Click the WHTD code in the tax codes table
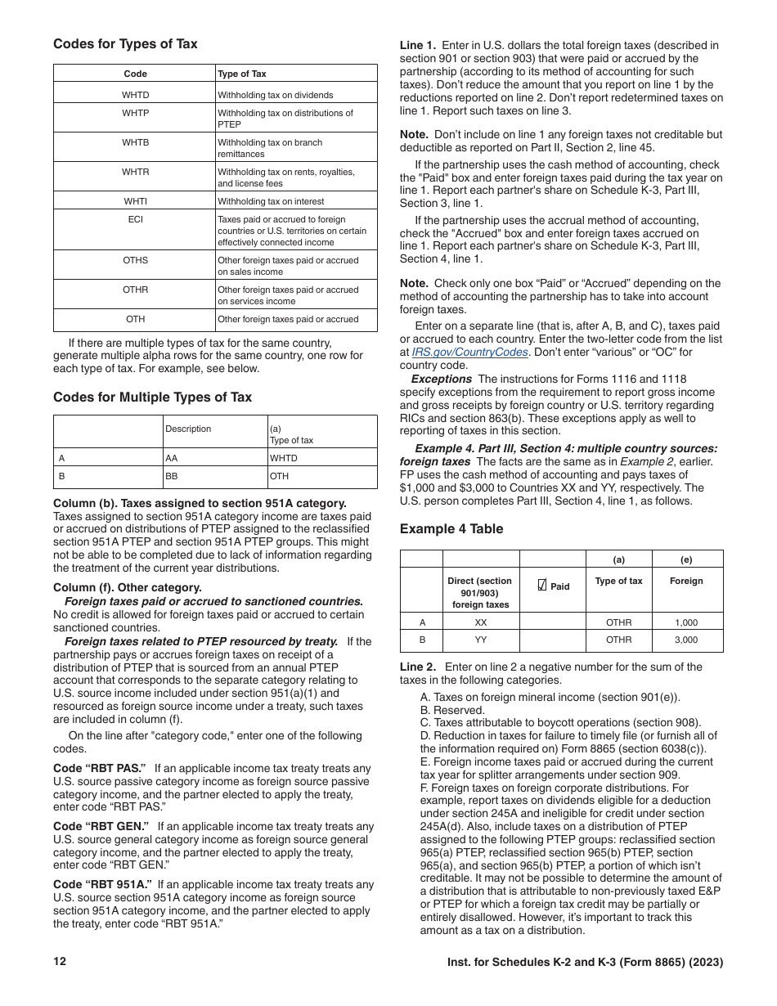tap(136, 95)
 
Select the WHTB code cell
tap(136, 142)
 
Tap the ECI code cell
tap(136, 219)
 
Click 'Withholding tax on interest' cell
tap(271, 201)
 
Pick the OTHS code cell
tap(136, 260)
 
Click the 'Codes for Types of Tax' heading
tap(125, 44)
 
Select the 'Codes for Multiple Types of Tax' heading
tap(152, 397)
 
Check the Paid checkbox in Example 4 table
tap(541, 586)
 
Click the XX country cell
tap(481, 622)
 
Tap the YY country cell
tap(481, 640)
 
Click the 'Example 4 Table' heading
tap(451, 529)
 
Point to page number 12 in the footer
tap(60, 962)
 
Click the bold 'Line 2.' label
tap(418, 667)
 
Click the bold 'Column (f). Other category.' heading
tap(127, 587)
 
